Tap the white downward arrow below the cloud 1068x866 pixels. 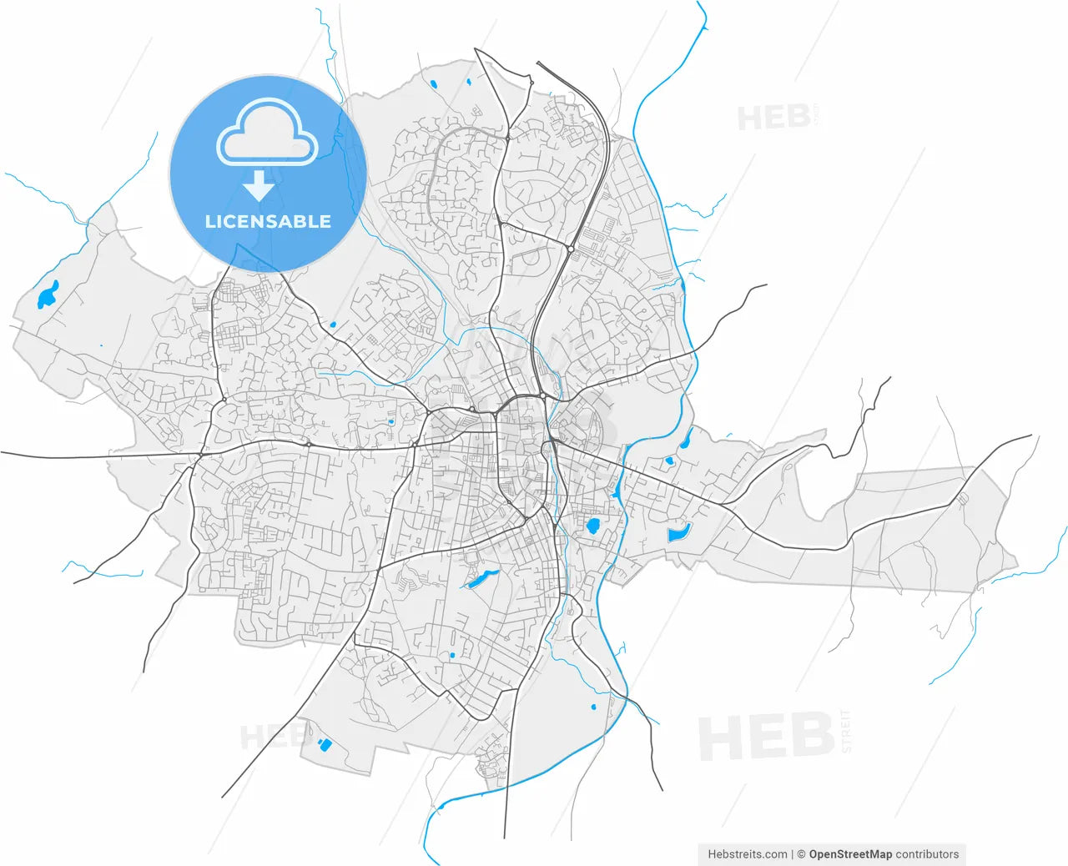[259, 185]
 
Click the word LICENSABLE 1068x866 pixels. [268, 222]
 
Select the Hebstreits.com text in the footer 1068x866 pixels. [747, 854]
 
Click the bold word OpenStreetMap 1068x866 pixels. [850, 854]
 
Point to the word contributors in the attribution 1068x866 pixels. [927, 854]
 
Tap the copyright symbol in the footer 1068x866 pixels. [801, 854]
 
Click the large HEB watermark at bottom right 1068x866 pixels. [766, 737]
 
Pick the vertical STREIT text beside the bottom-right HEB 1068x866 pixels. [847, 732]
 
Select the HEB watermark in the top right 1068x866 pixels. [773, 118]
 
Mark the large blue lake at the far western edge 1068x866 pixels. [48, 295]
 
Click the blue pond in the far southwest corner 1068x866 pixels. [324, 743]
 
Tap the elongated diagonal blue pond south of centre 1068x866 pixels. [479, 579]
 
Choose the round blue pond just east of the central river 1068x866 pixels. [593, 526]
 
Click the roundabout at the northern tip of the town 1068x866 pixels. [531, 83]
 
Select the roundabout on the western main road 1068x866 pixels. [224, 400]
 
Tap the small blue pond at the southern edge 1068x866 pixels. [593, 707]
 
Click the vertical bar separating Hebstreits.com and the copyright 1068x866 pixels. [793, 854]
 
